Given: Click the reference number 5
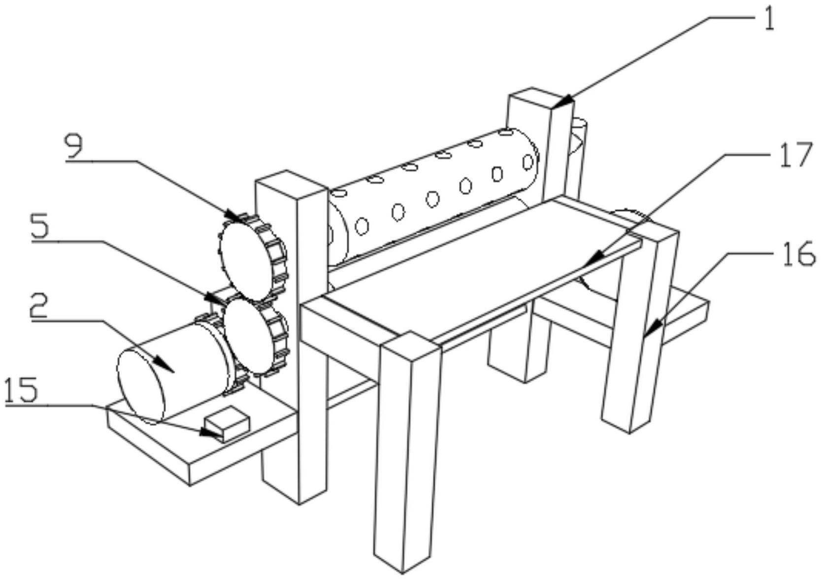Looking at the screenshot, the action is [x=41, y=227].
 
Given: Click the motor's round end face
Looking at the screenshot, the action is [x=141, y=386].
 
